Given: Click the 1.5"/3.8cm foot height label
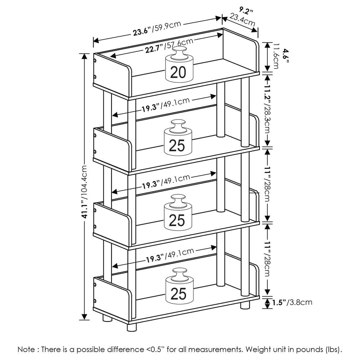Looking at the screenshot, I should tap(292, 302).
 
